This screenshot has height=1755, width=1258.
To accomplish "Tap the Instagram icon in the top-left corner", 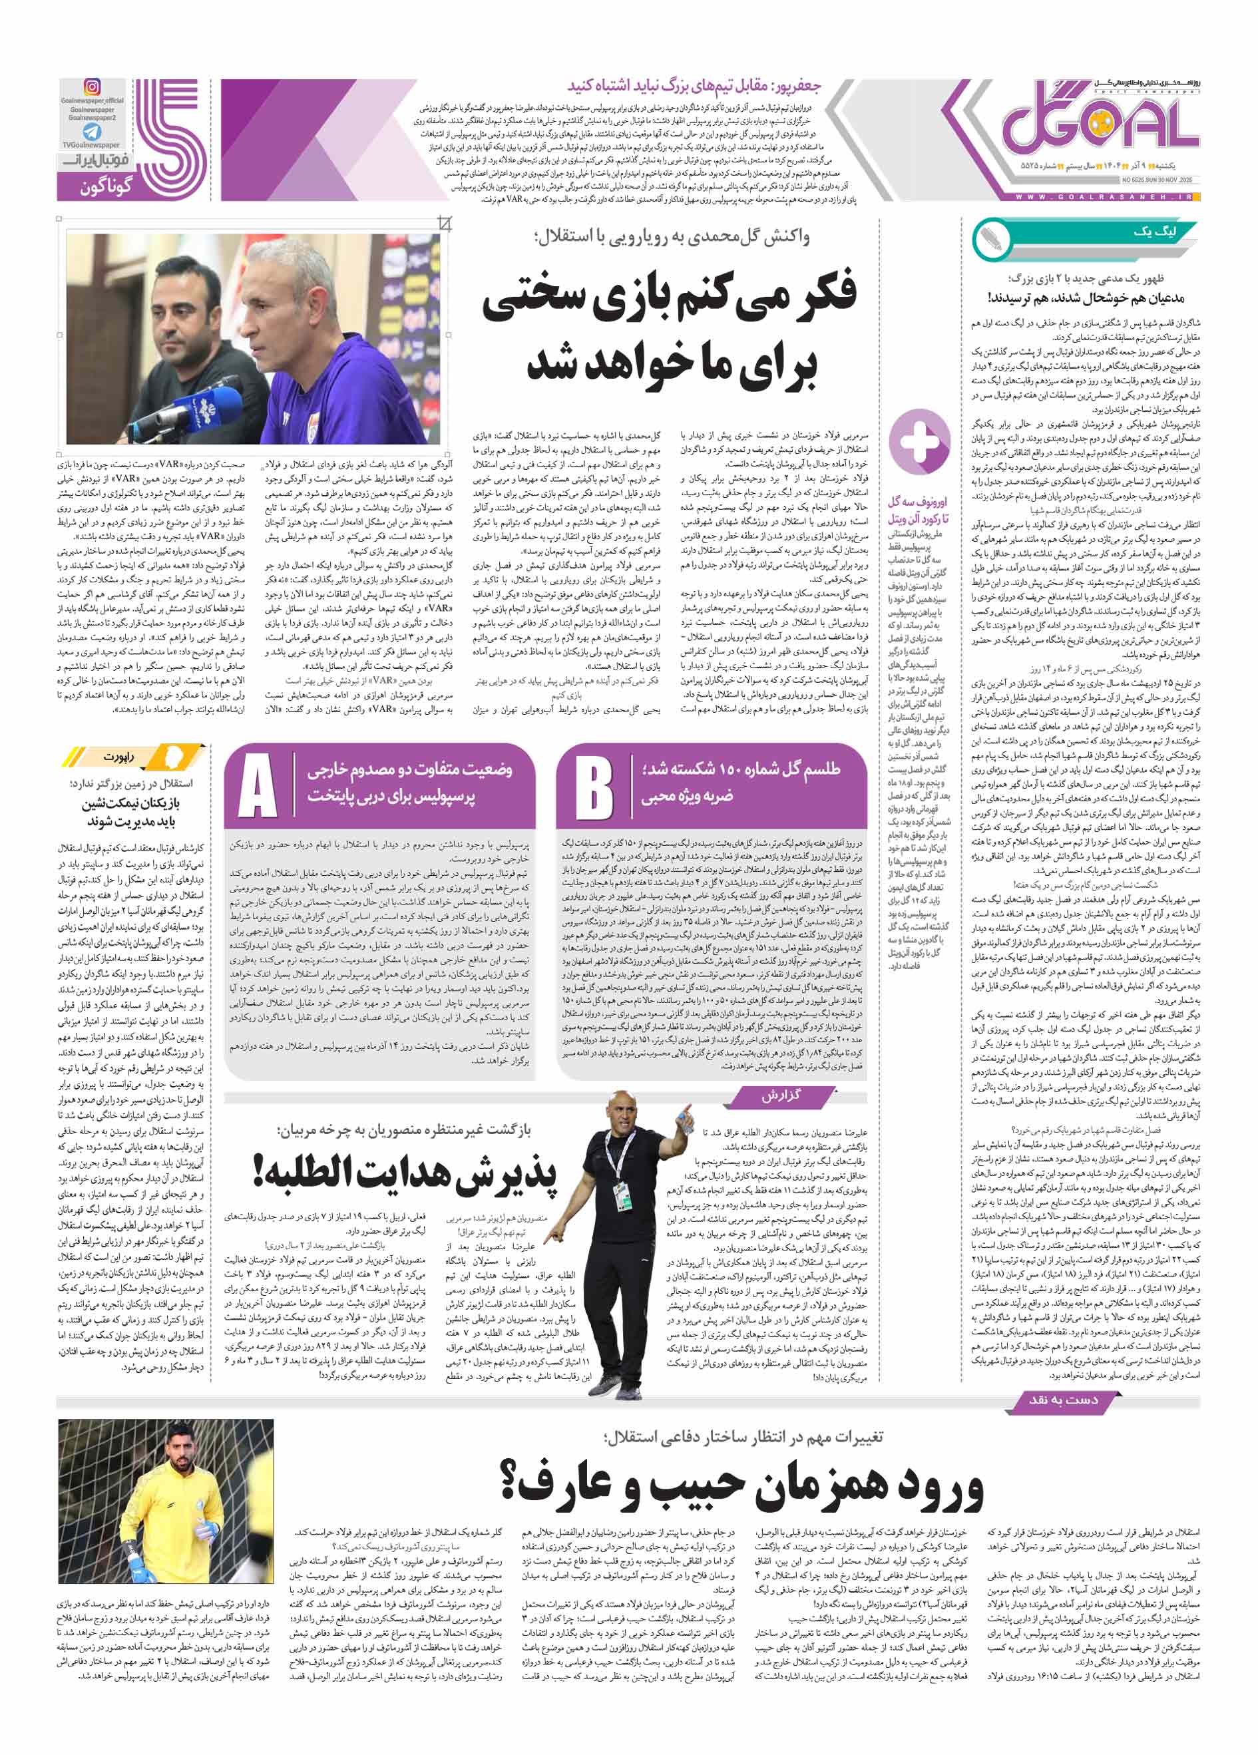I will click(x=92, y=87).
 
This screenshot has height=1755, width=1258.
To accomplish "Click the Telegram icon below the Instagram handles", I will click(x=92, y=132).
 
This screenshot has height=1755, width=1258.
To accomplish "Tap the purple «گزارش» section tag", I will click(x=779, y=1097).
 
